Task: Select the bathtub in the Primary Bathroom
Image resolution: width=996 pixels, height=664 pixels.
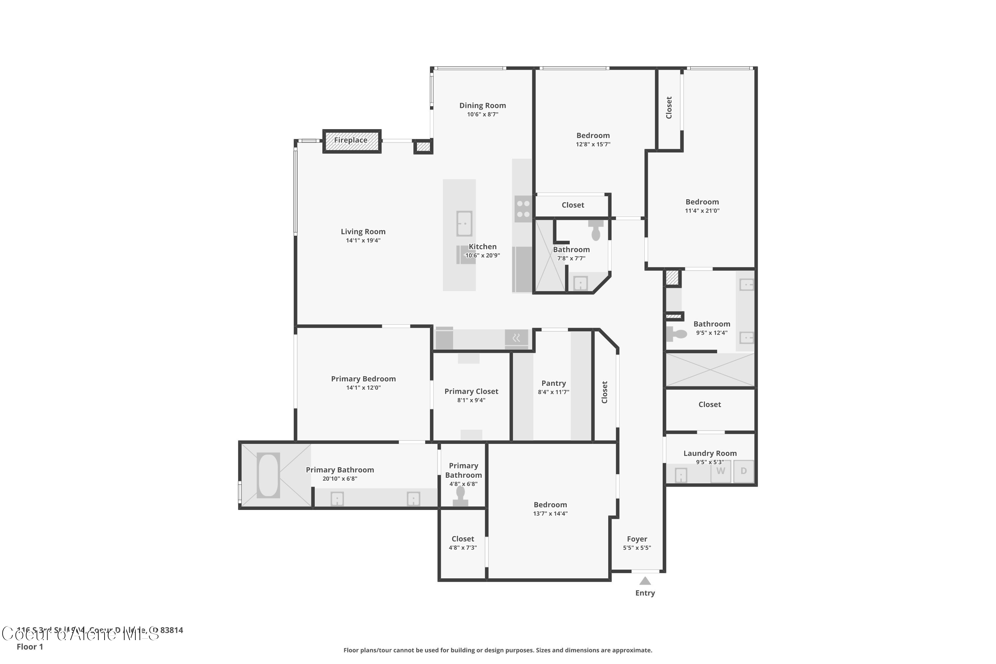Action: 268,475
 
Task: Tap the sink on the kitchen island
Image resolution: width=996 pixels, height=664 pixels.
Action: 464,223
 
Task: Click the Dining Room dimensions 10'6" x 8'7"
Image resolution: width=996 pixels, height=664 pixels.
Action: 482,114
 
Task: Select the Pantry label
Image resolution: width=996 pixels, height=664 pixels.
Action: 553,383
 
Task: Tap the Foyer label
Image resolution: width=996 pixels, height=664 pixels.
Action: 637,539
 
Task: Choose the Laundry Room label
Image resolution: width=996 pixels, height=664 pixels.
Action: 710,453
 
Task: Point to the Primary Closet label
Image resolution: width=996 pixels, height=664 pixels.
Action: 471,391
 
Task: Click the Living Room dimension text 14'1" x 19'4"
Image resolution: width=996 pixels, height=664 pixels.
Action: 363,240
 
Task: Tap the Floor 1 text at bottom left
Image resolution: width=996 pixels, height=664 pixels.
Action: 30,647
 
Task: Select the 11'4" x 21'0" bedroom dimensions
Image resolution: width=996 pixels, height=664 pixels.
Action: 702,210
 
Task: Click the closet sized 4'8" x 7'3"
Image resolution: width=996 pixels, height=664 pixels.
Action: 462,543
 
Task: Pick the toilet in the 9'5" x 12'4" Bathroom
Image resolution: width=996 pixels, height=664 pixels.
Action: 676,334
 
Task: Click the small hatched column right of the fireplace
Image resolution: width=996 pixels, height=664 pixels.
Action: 423,147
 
